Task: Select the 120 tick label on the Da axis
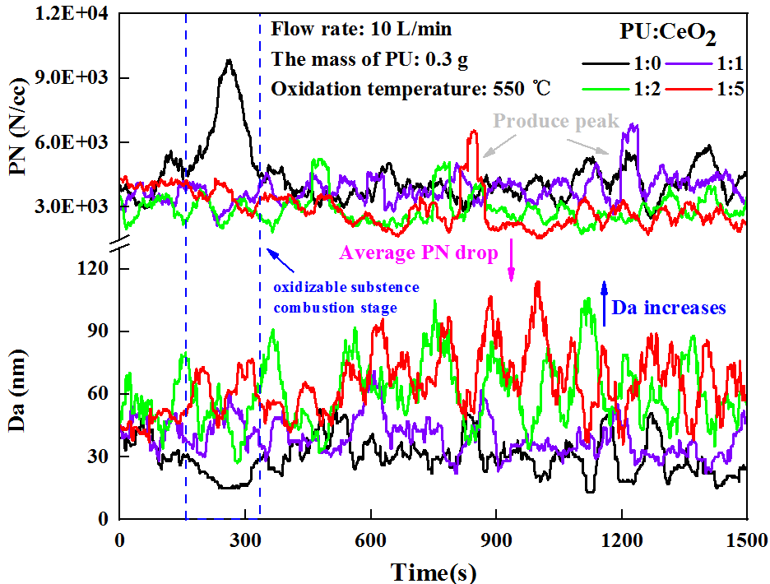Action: coord(96,269)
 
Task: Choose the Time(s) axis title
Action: coord(433,570)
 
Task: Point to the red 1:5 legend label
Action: coord(729,90)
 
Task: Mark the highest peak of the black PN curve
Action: coord(230,60)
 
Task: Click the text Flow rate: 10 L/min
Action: coord(362,30)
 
